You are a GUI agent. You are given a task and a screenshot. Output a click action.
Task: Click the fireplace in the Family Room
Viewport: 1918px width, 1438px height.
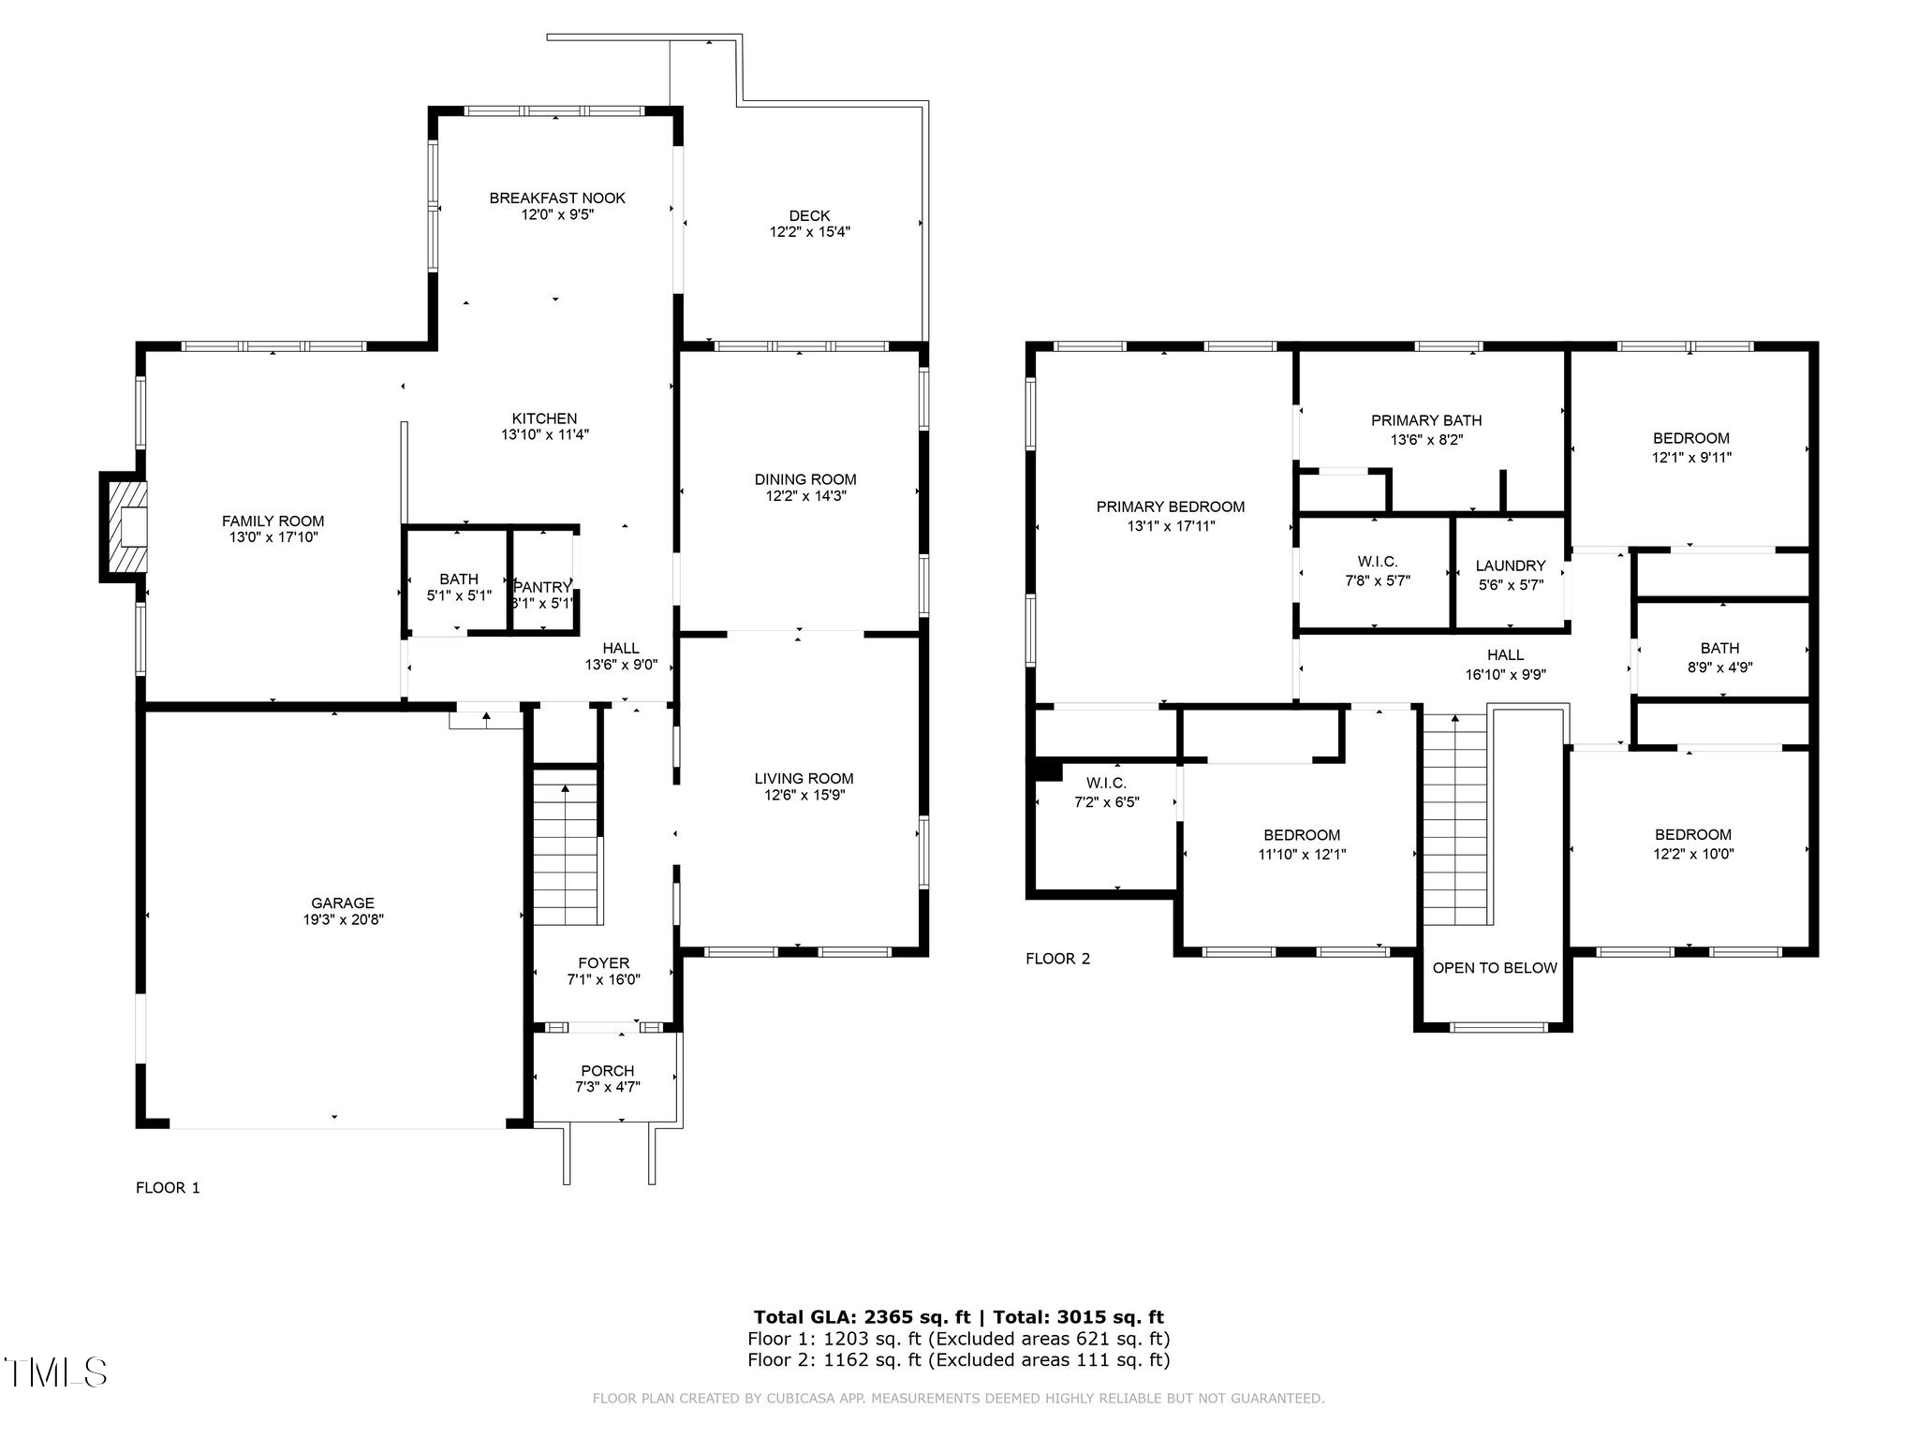[125, 527]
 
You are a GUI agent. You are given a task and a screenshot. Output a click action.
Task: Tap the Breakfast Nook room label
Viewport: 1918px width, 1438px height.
[557, 198]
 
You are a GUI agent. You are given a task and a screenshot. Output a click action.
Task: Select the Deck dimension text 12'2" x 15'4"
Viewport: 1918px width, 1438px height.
[809, 232]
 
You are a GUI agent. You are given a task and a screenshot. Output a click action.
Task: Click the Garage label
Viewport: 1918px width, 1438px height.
[343, 902]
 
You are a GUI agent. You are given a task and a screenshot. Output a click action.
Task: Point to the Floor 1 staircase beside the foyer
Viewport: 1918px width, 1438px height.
[566, 847]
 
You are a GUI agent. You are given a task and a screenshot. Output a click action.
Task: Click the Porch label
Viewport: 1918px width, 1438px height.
[607, 1070]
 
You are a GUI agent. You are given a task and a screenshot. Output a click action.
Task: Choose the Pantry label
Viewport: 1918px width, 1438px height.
[542, 587]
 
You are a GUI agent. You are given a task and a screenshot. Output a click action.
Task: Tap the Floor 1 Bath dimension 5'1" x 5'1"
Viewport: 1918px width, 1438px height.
[459, 595]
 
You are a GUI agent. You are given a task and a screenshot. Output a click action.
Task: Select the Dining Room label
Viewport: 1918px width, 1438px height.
[805, 479]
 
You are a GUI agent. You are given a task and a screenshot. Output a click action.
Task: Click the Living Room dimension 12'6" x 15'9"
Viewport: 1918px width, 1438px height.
[804, 795]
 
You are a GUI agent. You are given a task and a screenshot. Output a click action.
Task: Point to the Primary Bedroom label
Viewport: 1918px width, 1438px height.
[1171, 506]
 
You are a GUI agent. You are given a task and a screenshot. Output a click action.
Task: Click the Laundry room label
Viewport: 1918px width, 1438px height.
[1510, 565]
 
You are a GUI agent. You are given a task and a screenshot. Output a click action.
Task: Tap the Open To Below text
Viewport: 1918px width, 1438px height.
[1495, 968]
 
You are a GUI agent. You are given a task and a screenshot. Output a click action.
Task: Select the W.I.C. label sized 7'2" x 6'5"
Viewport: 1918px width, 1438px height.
[1106, 783]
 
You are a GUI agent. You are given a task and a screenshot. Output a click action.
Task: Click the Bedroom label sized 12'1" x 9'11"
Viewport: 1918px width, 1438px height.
[1690, 438]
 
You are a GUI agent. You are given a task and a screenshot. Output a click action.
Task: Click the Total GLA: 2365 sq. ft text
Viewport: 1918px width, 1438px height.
[862, 1317]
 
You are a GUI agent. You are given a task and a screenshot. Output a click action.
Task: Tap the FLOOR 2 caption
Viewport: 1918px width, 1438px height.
[1057, 959]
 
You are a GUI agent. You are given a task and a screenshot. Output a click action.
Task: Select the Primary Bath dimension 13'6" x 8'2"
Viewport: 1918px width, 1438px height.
[1426, 438]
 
